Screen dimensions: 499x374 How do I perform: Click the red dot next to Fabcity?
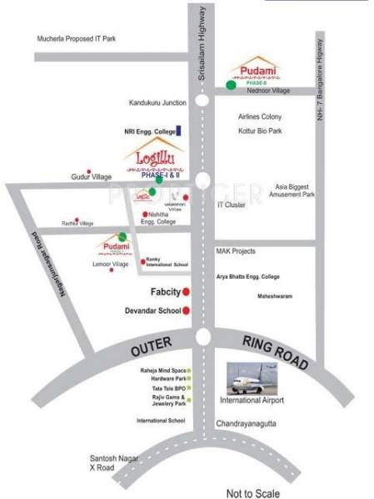187,291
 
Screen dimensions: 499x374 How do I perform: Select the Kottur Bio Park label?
261,131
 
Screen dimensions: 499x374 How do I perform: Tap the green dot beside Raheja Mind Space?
190,370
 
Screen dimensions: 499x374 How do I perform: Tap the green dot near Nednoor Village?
230,84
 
